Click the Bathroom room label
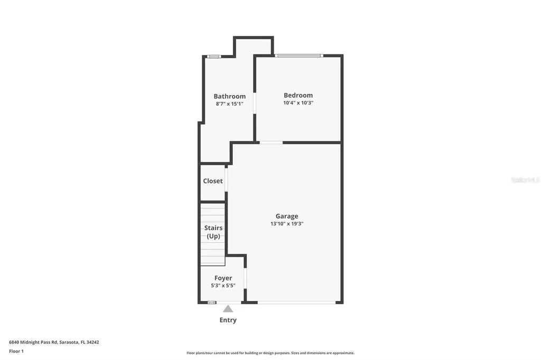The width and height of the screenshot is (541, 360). [229, 96]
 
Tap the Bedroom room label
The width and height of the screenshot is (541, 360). [298, 95]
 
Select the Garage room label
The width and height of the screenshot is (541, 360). [286, 216]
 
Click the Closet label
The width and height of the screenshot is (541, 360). [213, 181]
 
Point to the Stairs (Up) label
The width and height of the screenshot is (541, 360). [213, 232]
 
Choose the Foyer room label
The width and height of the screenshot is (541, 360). [223, 278]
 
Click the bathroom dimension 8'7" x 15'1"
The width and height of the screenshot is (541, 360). [229, 104]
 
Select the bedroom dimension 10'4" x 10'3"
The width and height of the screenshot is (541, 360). [298, 103]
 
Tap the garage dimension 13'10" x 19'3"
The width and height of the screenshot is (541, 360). [286, 224]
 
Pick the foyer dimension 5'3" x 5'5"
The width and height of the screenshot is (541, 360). [223, 286]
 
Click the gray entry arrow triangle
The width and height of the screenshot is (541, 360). [228, 309]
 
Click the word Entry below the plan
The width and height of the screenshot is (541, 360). [228, 320]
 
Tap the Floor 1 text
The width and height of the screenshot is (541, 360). [16, 351]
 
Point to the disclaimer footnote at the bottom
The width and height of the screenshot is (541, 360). [270, 353]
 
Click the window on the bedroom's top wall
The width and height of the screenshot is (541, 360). [299, 55]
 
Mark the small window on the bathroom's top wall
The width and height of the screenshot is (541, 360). [213, 56]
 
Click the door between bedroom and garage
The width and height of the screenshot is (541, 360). [270, 142]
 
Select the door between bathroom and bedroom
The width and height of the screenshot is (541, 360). [255, 103]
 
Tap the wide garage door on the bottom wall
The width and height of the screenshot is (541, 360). [296, 302]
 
